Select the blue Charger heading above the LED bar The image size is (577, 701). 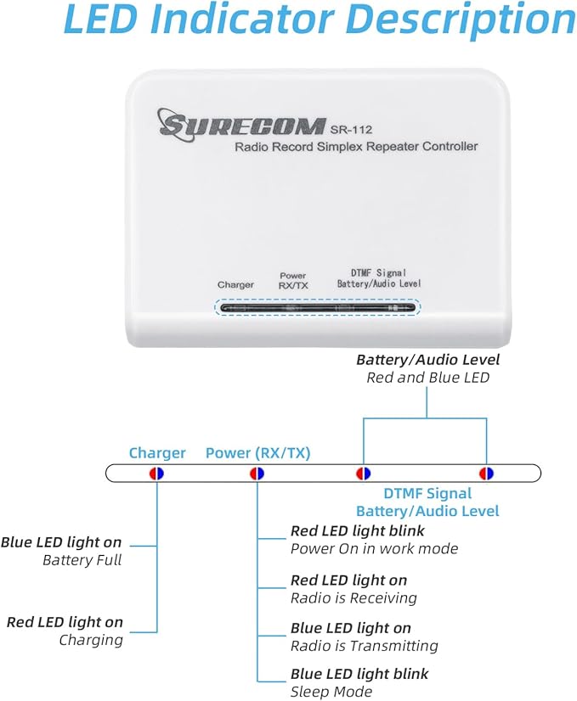pyautogui.click(x=157, y=453)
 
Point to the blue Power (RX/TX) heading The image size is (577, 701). pyautogui.click(x=257, y=453)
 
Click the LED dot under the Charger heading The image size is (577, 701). pyautogui.click(x=156, y=474)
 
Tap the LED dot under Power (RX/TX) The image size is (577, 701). pyautogui.click(x=257, y=474)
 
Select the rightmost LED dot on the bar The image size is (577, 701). pyautogui.click(x=486, y=474)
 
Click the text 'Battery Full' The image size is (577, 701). pyautogui.click(x=82, y=560)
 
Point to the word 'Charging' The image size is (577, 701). pyautogui.click(x=91, y=640)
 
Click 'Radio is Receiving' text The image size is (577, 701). pyautogui.click(x=354, y=597)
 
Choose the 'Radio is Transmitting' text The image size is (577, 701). pyautogui.click(x=364, y=646)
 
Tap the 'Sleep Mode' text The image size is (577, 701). pyautogui.click(x=331, y=692)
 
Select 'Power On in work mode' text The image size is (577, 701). pyautogui.click(x=374, y=548)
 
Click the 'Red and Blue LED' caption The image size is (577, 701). pyautogui.click(x=427, y=377)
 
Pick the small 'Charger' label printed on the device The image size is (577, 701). pyautogui.click(x=235, y=285)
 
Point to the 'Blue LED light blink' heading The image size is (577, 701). pyautogui.click(x=359, y=674)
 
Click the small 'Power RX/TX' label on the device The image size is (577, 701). pyautogui.click(x=293, y=281)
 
